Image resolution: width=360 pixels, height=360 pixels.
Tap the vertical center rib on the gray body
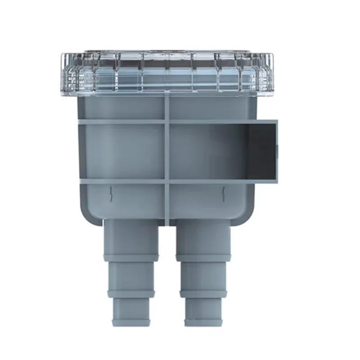click(x=166, y=153)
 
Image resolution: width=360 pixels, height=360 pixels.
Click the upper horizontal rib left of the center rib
click(x=121, y=122)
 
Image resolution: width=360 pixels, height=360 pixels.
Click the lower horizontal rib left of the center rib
click(x=121, y=182)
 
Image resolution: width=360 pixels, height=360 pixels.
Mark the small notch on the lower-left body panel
click(x=110, y=193)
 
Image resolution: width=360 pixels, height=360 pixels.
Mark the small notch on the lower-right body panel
click(x=223, y=193)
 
